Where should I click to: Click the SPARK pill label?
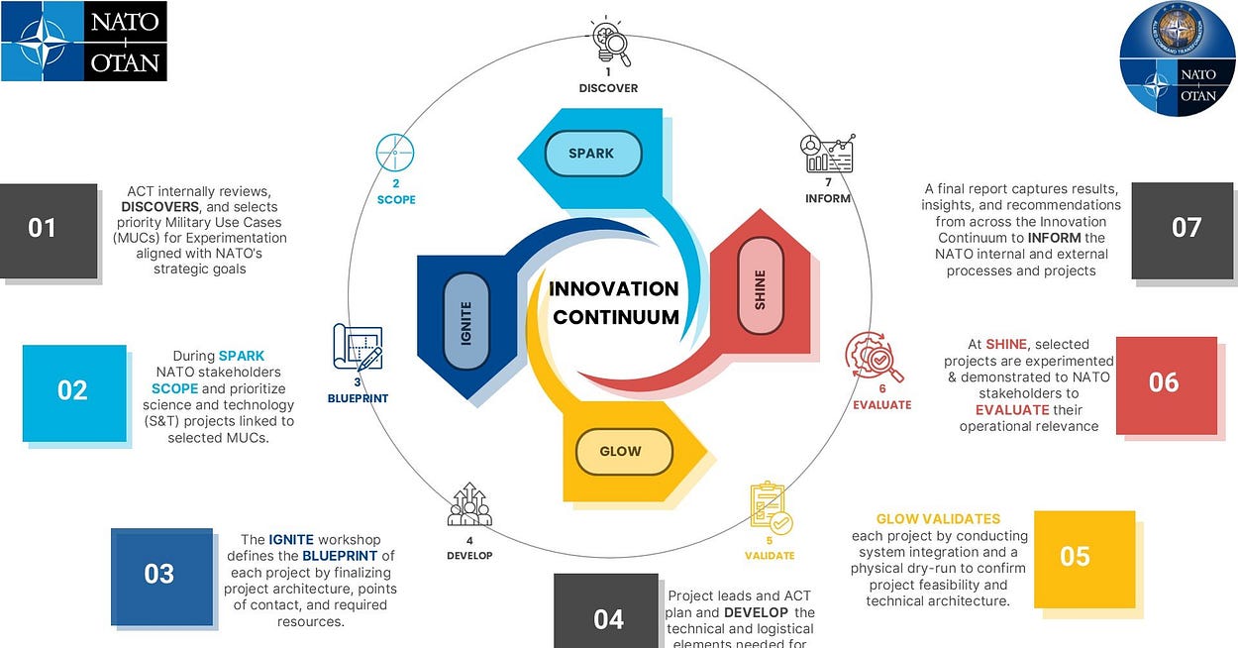click(592, 154)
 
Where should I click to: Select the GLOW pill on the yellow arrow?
click(621, 452)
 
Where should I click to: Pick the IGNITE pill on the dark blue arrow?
click(465, 322)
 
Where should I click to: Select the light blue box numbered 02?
click(73, 390)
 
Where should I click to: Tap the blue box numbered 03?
click(160, 575)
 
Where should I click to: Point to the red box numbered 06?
click(1165, 383)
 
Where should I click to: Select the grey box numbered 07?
click(1186, 227)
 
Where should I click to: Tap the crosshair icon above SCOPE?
click(394, 154)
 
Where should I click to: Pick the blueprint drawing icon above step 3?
click(357, 348)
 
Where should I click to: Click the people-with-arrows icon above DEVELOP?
click(469, 505)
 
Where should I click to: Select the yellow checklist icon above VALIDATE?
click(770, 507)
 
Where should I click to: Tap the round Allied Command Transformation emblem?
click(1178, 59)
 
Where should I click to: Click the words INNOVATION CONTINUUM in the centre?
click(615, 302)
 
